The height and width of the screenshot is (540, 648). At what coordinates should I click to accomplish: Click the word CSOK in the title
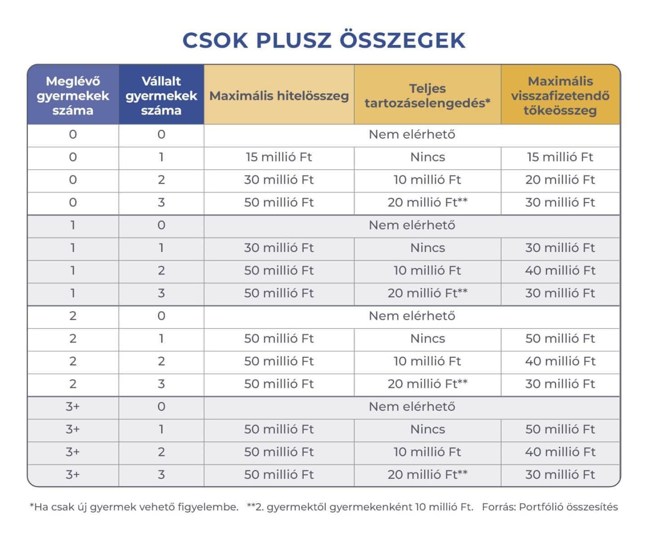pos(215,40)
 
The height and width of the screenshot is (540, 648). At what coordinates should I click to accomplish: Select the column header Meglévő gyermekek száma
pos(73,95)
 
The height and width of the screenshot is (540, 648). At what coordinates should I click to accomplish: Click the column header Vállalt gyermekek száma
pos(161,95)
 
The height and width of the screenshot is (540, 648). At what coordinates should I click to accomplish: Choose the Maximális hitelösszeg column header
pos(279,96)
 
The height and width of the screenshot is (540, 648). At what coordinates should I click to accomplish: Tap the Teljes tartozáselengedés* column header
pos(427,95)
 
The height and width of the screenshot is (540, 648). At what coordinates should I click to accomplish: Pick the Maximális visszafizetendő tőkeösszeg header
pos(560,95)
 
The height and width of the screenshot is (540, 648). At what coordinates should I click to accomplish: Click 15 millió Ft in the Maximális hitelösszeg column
pos(279,157)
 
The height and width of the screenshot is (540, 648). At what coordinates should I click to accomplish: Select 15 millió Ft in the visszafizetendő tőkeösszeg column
pos(560,157)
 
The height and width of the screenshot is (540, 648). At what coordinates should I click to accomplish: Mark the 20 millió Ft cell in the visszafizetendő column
pos(560,180)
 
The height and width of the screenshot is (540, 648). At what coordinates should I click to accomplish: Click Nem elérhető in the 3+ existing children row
pos(412,406)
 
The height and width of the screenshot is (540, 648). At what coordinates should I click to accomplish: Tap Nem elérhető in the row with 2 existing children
pos(412,316)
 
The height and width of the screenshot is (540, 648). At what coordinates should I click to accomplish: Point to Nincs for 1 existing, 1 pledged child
pos(427,247)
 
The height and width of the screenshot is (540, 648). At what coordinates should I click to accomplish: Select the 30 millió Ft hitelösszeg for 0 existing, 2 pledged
pos(279,180)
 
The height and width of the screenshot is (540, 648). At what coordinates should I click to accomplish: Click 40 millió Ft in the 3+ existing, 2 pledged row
pos(560,452)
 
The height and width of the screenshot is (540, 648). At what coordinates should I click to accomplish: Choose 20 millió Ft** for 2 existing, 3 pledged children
pos(427,384)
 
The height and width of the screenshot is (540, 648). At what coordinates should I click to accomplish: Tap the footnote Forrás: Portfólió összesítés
pos(549,507)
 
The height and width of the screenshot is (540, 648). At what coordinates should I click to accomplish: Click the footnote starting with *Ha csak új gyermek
pos(134,507)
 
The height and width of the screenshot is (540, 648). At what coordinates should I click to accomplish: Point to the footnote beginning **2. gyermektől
pos(360,507)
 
